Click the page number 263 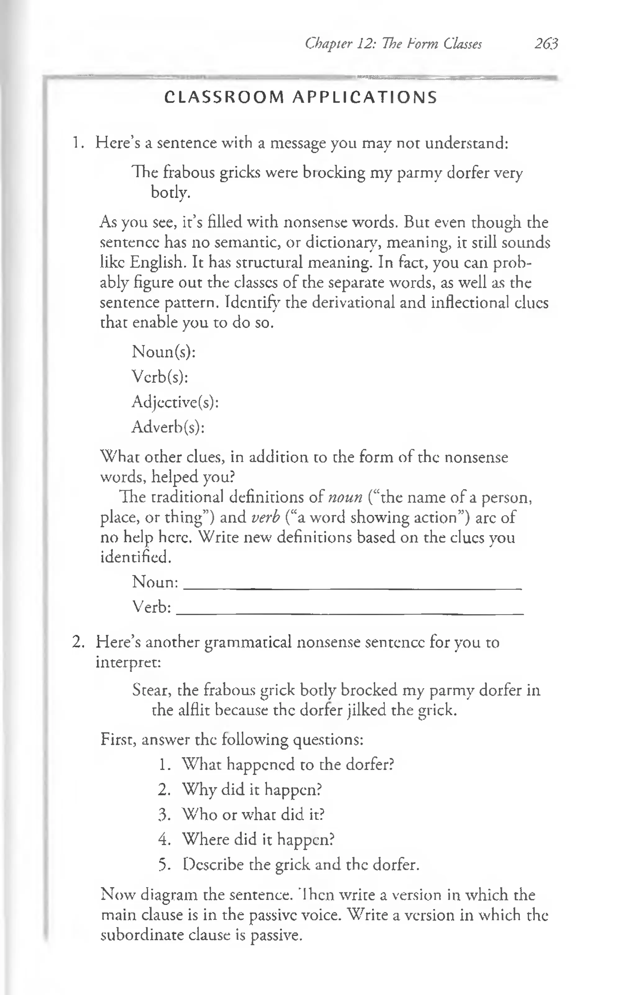(546, 44)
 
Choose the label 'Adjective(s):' (175, 402)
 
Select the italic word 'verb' (266, 517)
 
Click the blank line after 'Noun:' (352, 587)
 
